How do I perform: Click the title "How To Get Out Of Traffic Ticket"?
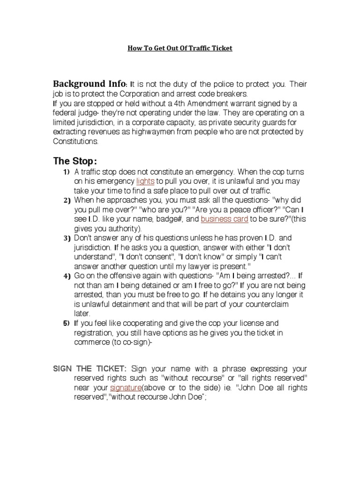(x=180, y=48)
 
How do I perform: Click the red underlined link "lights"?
(x=145, y=181)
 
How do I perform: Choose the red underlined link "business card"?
(x=225, y=219)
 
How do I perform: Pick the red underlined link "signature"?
(x=125, y=388)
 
